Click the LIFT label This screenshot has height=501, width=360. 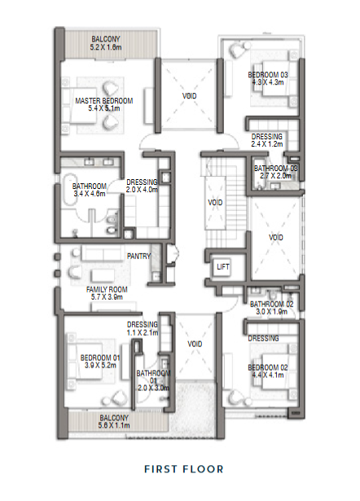223,266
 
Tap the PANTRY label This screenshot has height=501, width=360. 138,257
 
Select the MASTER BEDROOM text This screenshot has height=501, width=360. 104,101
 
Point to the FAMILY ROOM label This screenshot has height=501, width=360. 107,289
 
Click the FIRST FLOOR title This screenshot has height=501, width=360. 184,469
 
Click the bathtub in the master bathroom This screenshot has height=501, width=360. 68,190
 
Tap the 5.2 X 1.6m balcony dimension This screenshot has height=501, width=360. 106,47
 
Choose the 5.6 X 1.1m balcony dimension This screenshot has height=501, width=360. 114,425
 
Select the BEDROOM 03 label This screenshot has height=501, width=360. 268,75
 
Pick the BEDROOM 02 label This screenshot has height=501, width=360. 268,367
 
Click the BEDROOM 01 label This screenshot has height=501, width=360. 100,358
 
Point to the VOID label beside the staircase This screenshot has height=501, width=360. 215,203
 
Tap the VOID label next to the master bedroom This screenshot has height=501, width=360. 190,96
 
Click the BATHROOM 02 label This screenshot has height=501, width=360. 271,304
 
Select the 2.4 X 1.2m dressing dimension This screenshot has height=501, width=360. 266,144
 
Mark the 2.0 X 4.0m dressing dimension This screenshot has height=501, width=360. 142,190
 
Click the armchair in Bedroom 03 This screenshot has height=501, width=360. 237,49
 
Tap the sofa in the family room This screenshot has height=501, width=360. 102,253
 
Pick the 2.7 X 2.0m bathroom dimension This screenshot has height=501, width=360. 275,176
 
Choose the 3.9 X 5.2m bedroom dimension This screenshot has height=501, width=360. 100,365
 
